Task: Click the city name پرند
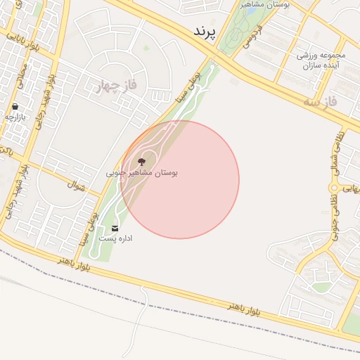[x=208, y=33]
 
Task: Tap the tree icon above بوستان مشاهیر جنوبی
[x=142, y=162]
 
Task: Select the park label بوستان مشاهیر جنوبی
[x=142, y=172]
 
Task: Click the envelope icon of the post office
[x=115, y=229]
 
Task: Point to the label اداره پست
[x=115, y=239]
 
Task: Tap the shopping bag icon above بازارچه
[x=15, y=108]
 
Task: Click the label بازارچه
[x=15, y=117]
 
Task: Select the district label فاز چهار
[x=113, y=86]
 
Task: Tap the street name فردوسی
[x=250, y=37]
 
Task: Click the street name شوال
[x=75, y=186]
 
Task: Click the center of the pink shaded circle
[x=180, y=180]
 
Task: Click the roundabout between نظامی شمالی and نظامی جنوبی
[x=346, y=188]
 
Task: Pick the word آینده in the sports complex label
[x=319, y=65]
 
